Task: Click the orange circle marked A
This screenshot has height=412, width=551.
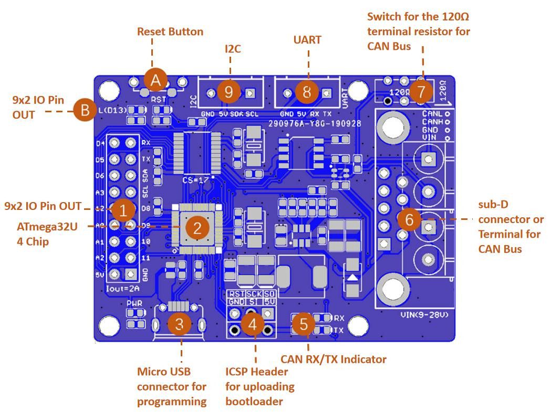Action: tap(155, 80)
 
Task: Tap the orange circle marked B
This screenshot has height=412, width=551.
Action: tap(85, 110)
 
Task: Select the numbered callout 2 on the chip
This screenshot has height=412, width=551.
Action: tap(197, 228)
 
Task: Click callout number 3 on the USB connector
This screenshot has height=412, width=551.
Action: tap(179, 324)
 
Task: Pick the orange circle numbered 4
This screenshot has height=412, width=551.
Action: tap(253, 324)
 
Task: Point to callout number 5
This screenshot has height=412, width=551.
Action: tap(303, 324)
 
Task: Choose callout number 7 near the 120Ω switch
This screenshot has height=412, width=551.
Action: tap(420, 91)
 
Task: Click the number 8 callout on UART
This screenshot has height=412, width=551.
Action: tap(307, 92)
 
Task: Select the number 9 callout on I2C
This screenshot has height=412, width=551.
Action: tap(229, 92)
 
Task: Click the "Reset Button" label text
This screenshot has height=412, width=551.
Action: tap(170, 31)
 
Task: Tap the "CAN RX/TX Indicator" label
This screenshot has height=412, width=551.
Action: tap(334, 360)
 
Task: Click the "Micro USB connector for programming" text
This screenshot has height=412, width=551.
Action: tap(172, 387)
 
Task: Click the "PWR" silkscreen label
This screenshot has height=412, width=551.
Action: tap(134, 303)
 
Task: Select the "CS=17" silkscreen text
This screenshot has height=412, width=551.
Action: tap(195, 179)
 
